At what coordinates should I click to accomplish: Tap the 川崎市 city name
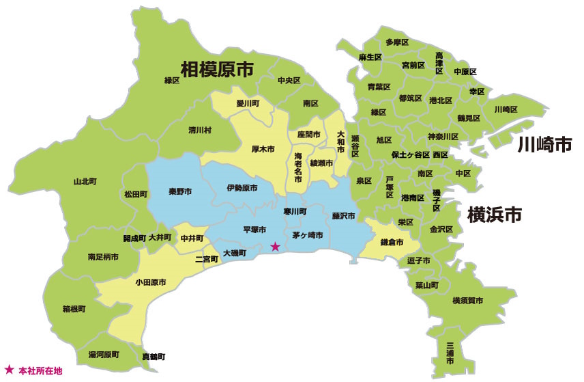[543, 144]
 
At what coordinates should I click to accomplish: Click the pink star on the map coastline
[275, 247]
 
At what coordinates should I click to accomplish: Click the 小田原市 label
[151, 282]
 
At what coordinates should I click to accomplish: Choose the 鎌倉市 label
[390, 243]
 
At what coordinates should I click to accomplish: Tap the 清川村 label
[199, 129]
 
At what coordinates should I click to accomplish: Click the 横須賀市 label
[468, 301]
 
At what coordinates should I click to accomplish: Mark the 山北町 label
[85, 182]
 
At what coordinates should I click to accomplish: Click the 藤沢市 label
[343, 216]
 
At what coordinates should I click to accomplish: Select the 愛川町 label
[248, 104]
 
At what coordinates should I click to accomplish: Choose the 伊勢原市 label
[242, 188]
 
